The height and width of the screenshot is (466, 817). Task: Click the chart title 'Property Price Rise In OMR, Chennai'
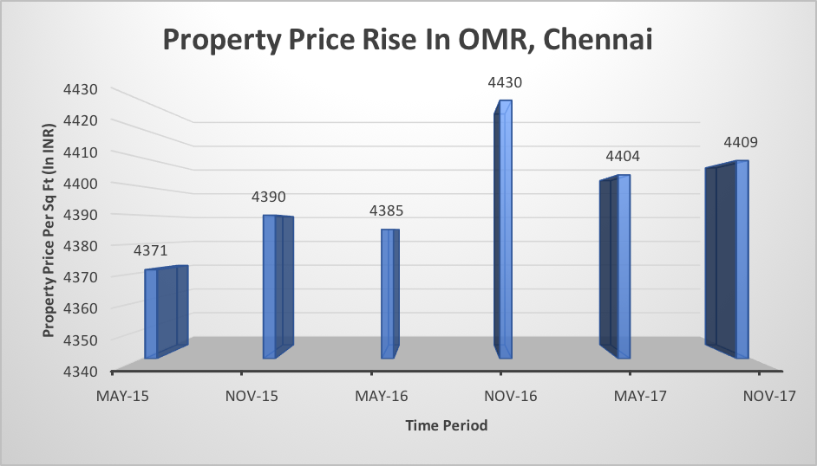408,42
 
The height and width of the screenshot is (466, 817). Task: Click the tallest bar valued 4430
503,230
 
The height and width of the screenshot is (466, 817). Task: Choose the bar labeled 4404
618,267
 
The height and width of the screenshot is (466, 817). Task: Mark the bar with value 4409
731,260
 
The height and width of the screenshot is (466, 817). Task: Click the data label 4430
505,83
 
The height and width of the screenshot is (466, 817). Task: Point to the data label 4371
150,250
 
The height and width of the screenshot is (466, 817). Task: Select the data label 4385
387,211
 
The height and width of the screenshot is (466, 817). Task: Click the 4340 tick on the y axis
80,371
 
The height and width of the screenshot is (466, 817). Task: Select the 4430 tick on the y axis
80,89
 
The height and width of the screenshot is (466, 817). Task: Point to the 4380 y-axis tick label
80,246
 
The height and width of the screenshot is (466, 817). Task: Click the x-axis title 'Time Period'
446,425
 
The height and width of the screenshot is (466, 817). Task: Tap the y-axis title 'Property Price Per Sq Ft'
49,230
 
